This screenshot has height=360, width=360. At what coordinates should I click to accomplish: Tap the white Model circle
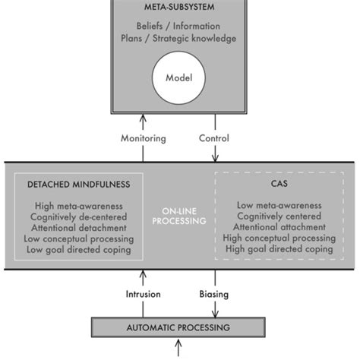(x=179, y=77)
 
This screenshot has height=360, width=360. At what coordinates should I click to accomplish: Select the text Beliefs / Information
(x=179, y=26)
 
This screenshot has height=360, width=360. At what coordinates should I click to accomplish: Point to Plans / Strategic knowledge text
(x=179, y=39)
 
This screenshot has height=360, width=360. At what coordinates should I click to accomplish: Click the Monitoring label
(x=142, y=138)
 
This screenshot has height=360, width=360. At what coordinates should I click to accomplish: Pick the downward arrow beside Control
(x=216, y=152)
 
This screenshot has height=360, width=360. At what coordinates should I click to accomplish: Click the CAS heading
(x=278, y=185)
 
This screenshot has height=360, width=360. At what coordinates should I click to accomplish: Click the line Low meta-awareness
(x=278, y=205)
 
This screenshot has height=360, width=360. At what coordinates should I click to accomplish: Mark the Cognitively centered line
(x=278, y=216)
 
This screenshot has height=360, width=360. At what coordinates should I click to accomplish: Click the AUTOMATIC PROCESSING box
(x=179, y=327)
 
